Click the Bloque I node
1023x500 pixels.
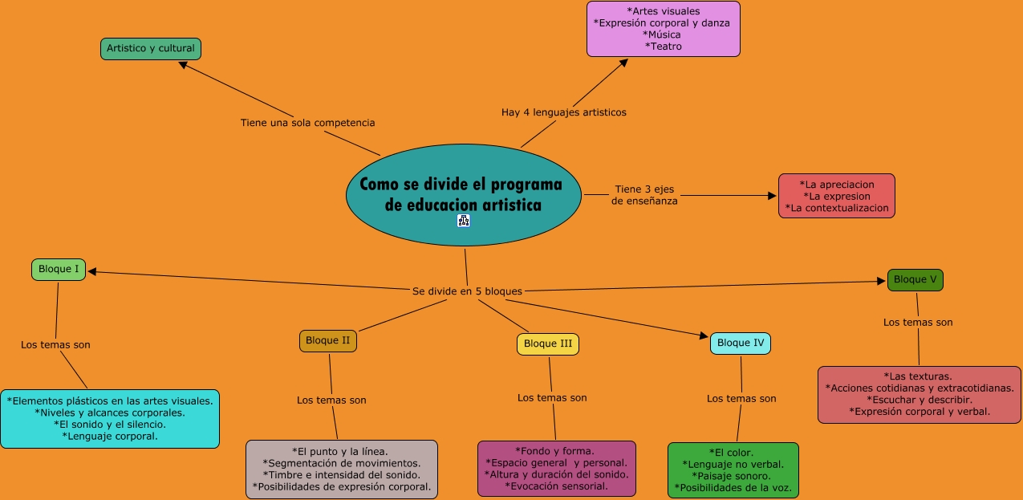[x=59, y=270]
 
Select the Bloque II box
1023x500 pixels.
[x=327, y=340]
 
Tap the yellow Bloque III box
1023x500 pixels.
[x=547, y=344]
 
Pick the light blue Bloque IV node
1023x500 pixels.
[x=740, y=343]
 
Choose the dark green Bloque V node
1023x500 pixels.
[x=915, y=280]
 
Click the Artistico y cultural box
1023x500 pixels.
[x=150, y=48]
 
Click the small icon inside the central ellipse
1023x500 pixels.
[x=464, y=220]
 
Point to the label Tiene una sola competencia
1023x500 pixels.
[x=307, y=123]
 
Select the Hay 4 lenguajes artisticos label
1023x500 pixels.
[x=563, y=112]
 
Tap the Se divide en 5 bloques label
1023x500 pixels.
[x=467, y=291]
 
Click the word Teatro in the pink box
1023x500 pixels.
[x=663, y=47]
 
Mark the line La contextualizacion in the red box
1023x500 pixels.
[x=837, y=208]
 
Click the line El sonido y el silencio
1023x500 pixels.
[x=110, y=424]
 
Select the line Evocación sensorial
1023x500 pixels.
[x=556, y=486]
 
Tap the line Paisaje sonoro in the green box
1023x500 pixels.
[x=733, y=476]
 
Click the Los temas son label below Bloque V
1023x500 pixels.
[x=918, y=322]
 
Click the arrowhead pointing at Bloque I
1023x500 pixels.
[x=92, y=271]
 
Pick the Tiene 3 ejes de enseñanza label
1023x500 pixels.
[x=644, y=195]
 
